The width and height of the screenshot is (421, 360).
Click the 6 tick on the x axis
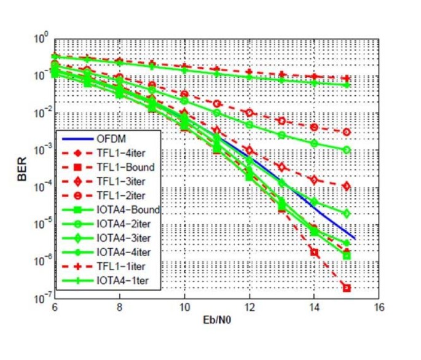click(x=55, y=307)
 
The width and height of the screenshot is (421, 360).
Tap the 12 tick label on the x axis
click(x=249, y=307)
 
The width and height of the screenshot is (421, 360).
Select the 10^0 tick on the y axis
click(x=42, y=39)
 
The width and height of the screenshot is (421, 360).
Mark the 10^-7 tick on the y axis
click(x=42, y=299)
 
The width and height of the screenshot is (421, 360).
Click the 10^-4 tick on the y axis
click(x=42, y=187)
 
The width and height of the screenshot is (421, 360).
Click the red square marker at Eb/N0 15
click(x=347, y=288)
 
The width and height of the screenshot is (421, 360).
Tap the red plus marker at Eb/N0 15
click(x=347, y=79)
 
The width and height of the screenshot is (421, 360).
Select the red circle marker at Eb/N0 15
click(x=347, y=132)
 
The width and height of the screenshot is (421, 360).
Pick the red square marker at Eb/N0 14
click(x=314, y=252)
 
